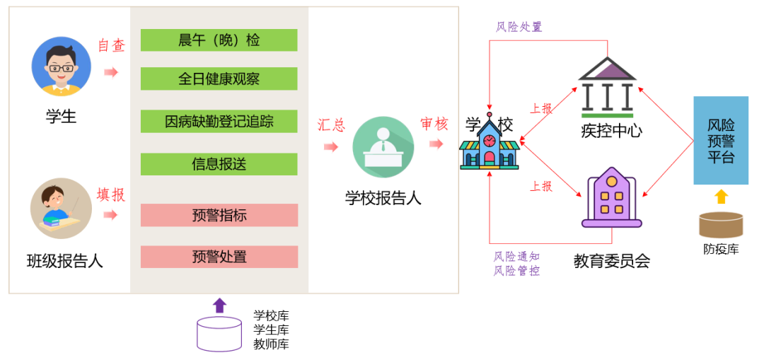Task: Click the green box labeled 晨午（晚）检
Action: (x=219, y=40)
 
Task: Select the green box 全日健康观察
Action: (x=219, y=79)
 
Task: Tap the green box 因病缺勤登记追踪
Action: (x=219, y=122)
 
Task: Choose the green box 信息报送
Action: (x=219, y=164)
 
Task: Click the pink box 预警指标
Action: (x=219, y=215)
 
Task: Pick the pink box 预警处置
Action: (x=219, y=257)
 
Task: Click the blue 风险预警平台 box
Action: (x=720, y=140)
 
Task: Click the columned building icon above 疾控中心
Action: (x=607, y=88)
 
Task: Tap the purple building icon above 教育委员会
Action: (x=611, y=198)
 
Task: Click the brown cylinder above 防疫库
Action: (x=721, y=224)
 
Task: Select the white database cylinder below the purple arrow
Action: (x=219, y=334)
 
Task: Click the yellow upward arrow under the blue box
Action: (x=721, y=197)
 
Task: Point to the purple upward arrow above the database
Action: (x=219, y=305)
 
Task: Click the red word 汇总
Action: (x=331, y=125)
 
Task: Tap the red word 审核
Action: (x=434, y=124)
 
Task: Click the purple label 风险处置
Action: (x=519, y=27)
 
